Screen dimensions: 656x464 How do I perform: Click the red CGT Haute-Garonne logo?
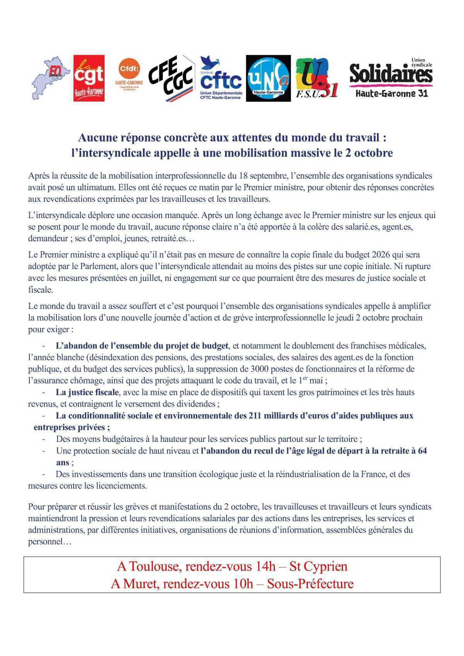tap(89, 78)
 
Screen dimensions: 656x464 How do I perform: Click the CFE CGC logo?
tap(171, 78)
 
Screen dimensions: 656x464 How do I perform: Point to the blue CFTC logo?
tap(221, 78)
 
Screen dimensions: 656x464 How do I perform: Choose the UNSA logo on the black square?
tap(268, 78)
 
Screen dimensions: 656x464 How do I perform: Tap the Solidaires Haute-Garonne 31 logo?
tap(391, 78)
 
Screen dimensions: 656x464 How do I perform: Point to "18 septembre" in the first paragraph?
tap(261, 176)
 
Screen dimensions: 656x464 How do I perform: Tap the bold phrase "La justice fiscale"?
tap(87, 392)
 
